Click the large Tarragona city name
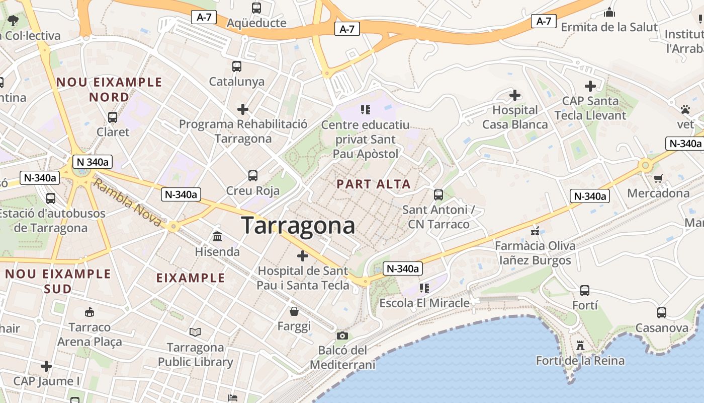(x=298, y=225)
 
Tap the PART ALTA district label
(x=374, y=184)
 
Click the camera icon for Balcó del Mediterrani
(x=342, y=335)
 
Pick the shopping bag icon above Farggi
(x=294, y=312)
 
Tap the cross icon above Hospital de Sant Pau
(x=302, y=256)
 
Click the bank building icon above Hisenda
(x=217, y=236)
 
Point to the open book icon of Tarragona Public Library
(x=195, y=332)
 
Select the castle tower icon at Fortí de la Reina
(x=580, y=346)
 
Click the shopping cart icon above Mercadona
(x=658, y=178)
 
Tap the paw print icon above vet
(x=685, y=109)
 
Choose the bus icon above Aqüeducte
(x=256, y=8)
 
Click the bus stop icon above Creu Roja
(x=253, y=176)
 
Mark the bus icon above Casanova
(x=662, y=313)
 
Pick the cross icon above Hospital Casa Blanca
(x=514, y=95)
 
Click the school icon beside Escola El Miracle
(x=424, y=288)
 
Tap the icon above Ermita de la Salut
(x=609, y=12)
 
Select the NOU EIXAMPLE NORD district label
(x=109, y=89)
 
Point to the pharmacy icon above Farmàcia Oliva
(x=535, y=231)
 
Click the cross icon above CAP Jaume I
(x=46, y=366)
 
